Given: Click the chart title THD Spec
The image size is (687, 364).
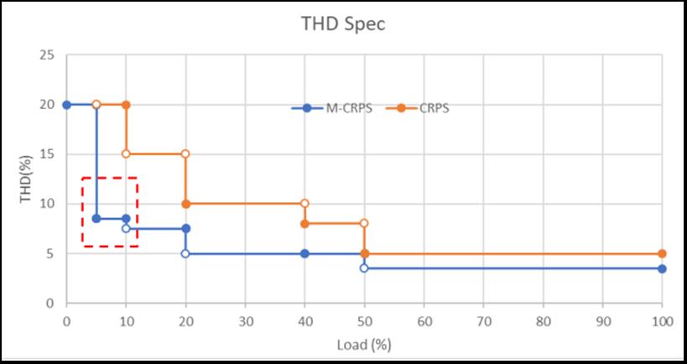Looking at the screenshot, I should click(343, 23).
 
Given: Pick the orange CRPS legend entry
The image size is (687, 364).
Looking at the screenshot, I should click(428, 108).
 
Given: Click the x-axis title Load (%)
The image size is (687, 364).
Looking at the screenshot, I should click(365, 344).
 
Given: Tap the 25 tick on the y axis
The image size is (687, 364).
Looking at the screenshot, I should click(48, 55).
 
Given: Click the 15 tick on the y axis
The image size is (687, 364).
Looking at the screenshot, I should click(48, 154).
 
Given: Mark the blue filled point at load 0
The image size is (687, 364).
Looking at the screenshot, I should click(66, 105).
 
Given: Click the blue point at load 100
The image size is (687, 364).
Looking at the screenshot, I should click(662, 268).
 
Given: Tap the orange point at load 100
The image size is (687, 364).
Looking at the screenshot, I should click(662, 253).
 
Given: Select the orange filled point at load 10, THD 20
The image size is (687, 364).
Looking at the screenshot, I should click(126, 105).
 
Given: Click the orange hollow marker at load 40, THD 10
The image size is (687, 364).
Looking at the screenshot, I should click(304, 204).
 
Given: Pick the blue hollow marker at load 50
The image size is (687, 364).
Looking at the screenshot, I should click(364, 268).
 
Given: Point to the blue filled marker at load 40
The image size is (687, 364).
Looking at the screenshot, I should click(304, 253).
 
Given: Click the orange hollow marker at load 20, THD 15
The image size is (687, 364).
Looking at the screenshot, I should click(185, 154).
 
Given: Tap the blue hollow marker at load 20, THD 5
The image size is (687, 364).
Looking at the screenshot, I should click(185, 253).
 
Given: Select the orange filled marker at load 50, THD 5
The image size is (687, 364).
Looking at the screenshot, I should click(364, 253).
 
